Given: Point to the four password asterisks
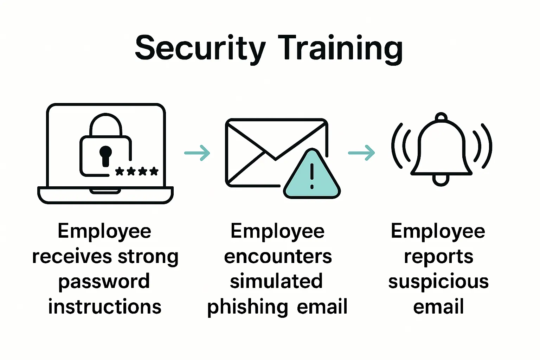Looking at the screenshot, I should coord(137,172).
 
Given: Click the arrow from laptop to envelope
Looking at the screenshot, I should coord(197,153).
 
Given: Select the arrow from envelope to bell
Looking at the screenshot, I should coord(361,153).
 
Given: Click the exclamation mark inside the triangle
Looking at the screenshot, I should coord(312,176).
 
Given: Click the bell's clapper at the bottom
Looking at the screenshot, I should coord(441,180).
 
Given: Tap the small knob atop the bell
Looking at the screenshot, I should coord(441,117).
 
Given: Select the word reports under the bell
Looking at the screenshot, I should coord(438,257).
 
